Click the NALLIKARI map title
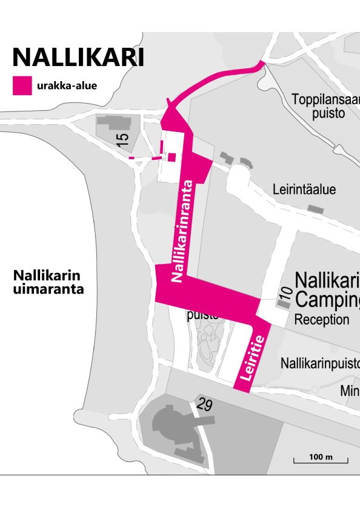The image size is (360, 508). [79, 58]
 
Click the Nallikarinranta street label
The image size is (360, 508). [185, 231]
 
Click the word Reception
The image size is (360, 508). [322, 319]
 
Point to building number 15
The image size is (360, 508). [122, 137]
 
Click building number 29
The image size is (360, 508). [204, 406]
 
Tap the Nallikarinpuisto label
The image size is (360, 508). [320, 363]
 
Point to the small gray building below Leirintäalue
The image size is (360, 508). [314, 208]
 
